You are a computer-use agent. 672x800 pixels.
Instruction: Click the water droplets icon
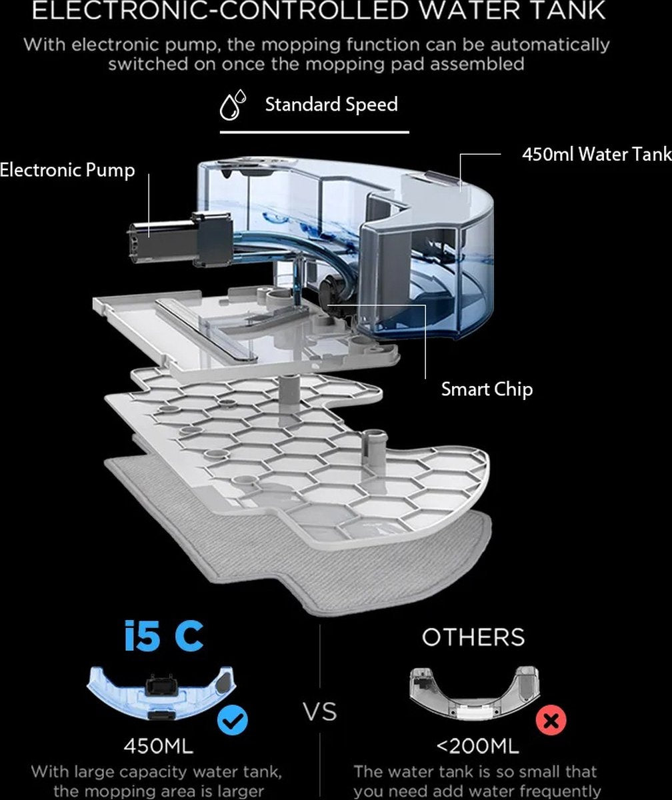coord(233,106)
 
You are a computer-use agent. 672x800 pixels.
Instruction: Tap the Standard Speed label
coord(331,105)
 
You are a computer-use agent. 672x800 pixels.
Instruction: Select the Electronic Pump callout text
coord(67,170)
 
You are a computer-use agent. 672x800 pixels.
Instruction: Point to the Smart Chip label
coord(487,389)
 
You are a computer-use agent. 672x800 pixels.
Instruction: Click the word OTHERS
coord(473,637)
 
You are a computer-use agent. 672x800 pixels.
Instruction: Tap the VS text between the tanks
coord(320,711)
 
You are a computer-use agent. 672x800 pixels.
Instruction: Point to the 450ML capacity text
coord(158,746)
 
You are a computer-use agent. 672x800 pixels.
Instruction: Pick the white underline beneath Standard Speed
coord(314,132)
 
